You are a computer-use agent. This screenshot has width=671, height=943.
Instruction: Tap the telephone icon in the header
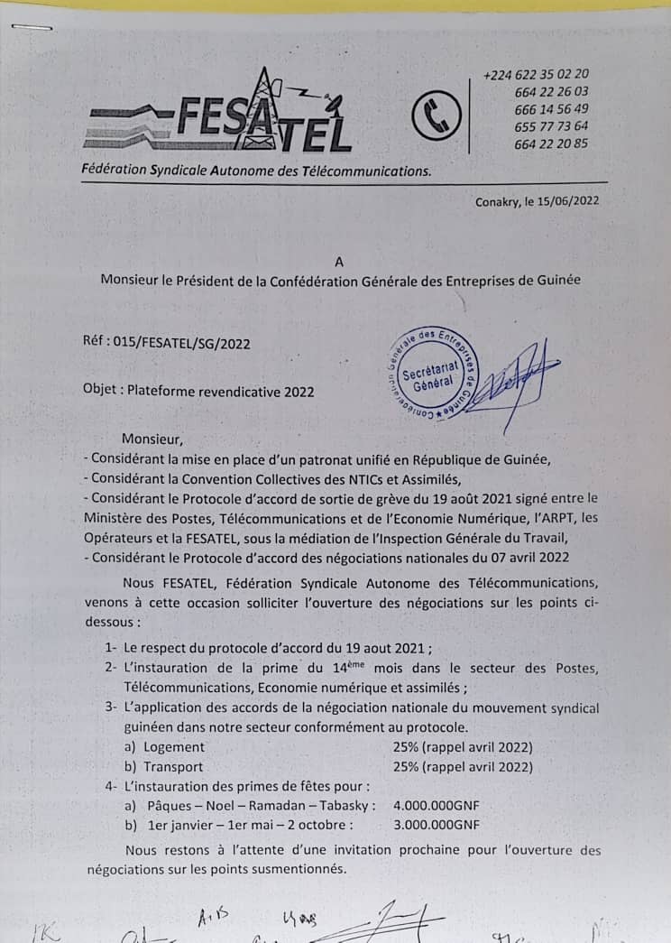437,116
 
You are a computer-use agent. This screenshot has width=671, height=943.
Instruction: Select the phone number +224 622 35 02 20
536,75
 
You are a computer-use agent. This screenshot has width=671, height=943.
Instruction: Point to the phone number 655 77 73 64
551,126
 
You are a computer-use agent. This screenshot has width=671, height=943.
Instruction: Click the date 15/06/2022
566,202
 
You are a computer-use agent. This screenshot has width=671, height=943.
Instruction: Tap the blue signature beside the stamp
514,379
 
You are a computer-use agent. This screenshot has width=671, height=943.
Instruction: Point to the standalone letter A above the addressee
339,262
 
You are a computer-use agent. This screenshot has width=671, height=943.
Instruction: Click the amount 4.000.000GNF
437,806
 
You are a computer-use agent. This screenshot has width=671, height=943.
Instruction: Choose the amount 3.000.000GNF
437,825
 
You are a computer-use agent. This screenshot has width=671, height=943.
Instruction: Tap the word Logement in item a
176,747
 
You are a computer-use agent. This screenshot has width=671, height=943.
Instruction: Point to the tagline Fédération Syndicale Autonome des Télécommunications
256,170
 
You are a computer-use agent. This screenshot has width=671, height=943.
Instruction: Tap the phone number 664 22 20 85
551,143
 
